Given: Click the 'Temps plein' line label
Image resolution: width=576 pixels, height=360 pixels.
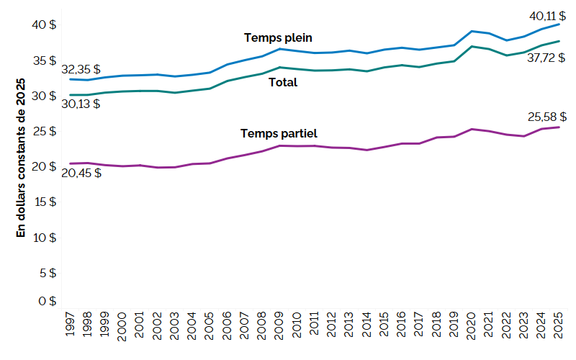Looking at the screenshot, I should pos(278,37).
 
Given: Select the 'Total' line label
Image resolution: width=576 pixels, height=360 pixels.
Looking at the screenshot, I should pos(283,83).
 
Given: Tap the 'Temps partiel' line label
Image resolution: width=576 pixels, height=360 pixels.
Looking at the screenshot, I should pos(279,133).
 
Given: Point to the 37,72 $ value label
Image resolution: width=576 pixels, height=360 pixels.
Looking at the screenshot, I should pos(546,58).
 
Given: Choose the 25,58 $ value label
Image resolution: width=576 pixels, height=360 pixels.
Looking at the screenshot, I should pos(546,116).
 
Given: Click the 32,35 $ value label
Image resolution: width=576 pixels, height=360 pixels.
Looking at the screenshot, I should pos(81,70).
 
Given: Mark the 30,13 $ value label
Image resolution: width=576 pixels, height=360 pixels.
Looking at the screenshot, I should pos(81,104).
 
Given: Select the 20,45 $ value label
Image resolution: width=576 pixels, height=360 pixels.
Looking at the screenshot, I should pos(81,173).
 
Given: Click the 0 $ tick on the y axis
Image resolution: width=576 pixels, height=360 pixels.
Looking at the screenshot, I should pos(46,301).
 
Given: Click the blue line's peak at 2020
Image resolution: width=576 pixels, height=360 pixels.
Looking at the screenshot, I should pos(472,31).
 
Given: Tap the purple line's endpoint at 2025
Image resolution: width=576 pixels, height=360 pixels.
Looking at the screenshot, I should pos(559,127).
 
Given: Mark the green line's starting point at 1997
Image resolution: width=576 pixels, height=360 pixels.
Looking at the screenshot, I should pos(71,95).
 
